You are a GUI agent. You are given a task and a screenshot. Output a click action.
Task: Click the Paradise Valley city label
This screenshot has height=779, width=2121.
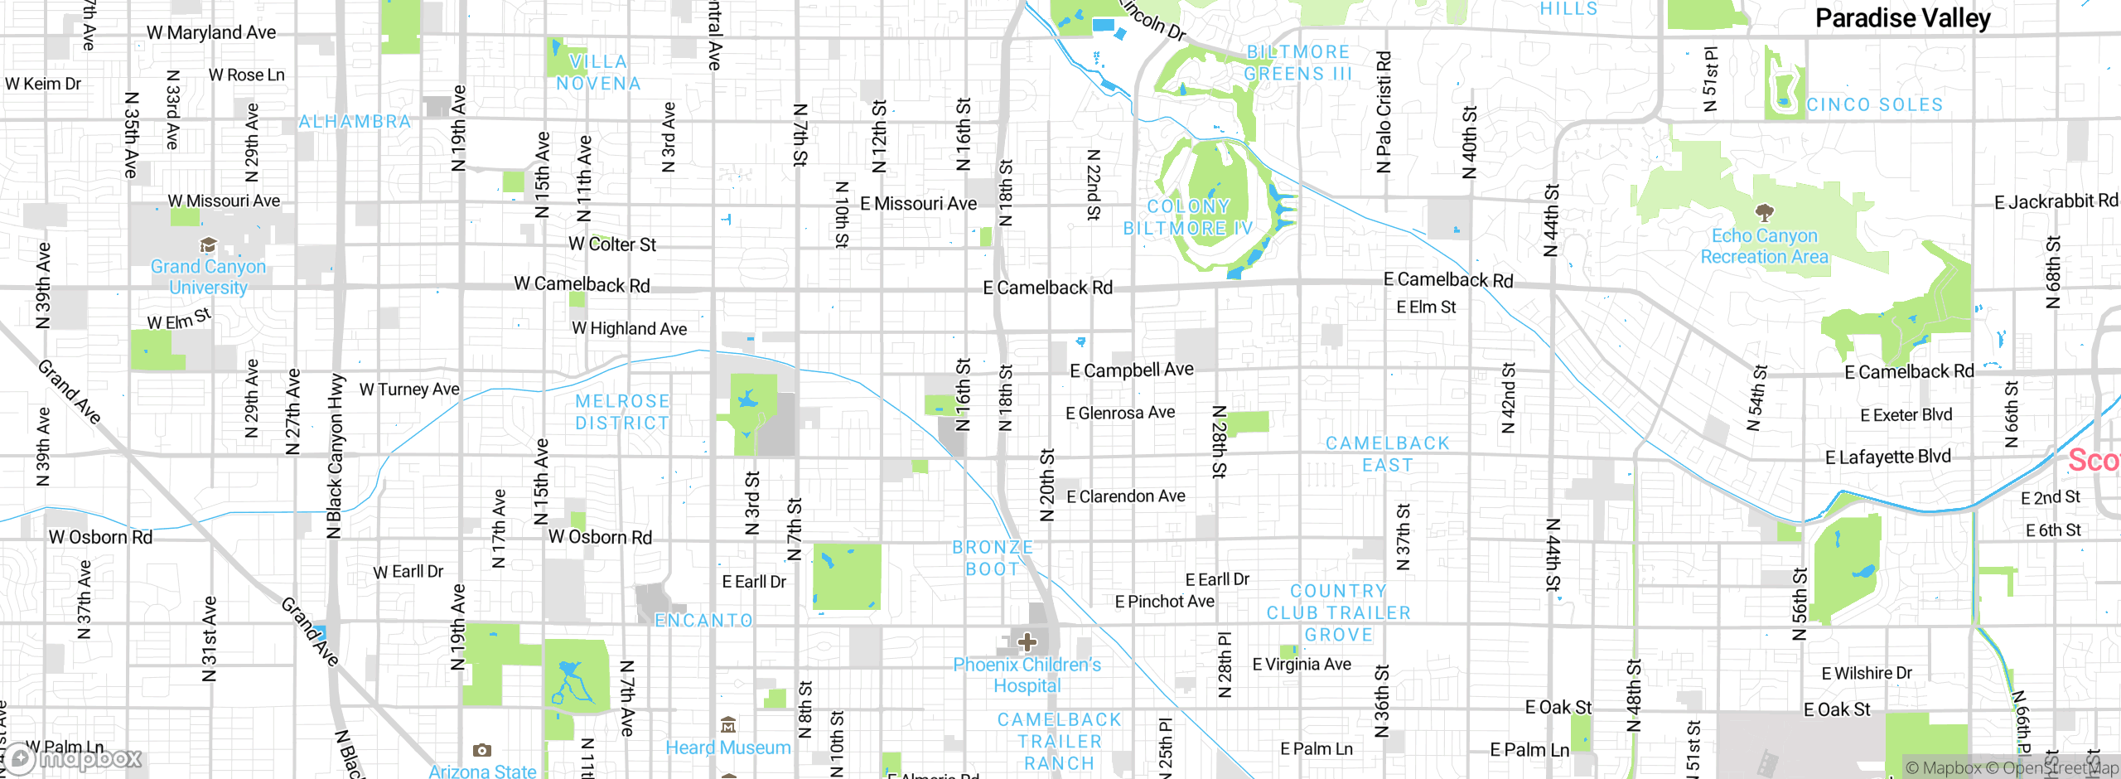point(1902,18)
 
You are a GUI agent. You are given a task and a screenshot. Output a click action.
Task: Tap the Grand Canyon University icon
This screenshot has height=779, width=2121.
point(208,245)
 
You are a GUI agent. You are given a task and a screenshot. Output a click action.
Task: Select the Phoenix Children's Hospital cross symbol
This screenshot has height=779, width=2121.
point(1027,642)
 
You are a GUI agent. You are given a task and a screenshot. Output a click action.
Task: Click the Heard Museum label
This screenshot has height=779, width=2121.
point(728,748)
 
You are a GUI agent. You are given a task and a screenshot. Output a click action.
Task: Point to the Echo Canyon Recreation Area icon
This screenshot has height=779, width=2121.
point(1765,212)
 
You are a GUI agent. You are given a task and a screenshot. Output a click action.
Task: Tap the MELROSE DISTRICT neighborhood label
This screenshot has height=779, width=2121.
point(622,412)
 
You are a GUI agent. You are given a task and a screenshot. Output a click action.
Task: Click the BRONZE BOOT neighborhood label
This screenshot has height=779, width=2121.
point(993,559)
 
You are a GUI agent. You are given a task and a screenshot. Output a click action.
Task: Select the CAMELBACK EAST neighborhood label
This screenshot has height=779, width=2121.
point(1388,454)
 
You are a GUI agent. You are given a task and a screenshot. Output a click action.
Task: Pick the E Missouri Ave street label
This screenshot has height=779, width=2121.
point(918,204)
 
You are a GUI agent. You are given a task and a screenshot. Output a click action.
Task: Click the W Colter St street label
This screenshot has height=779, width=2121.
point(612,244)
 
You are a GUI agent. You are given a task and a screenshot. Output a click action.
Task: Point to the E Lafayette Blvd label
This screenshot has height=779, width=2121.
point(1888,457)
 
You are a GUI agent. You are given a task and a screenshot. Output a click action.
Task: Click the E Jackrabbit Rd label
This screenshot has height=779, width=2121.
point(2056,201)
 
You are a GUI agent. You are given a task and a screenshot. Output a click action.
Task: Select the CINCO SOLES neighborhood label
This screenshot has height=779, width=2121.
point(1874,105)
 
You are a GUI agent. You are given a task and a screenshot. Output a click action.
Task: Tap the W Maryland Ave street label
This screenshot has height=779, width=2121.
point(211,32)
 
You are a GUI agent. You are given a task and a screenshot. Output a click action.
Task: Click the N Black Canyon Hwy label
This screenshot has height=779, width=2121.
point(335,456)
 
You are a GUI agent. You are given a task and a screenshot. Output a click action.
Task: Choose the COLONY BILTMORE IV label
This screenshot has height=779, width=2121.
point(1187,217)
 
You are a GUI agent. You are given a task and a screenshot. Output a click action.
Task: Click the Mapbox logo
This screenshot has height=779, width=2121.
point(75,758)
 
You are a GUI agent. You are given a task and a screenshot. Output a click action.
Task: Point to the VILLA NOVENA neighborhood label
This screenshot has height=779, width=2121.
point(598,73)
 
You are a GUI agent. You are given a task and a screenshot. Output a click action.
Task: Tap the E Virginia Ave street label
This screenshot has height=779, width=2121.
point(1302,665)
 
